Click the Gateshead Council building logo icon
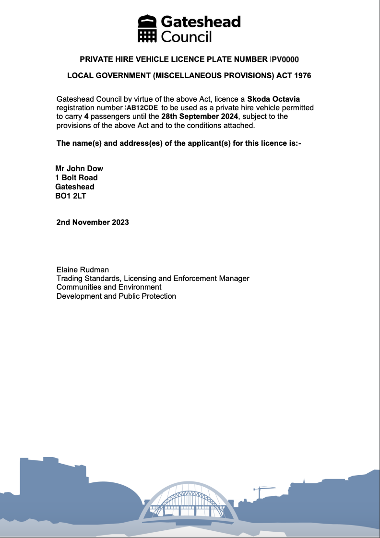pyautogui.click(x=148, y=29)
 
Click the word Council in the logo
pyautogui.click(x=186, y=36)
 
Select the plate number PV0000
pyautogui.click(x=285, y=59)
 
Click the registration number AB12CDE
pyautogui.click(x=142, y=108)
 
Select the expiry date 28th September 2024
pyautogui.click(x=200, y=117)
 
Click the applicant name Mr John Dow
pyautogui.click(x=79, y=168)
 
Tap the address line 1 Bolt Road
pyautogui.click(x=76, y=177)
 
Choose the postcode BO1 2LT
pyautogui.click(x=71, y=196)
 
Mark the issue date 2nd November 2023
pyautogui.click(x=93, y=222)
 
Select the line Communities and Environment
pyautogui.click(x=109, y=287)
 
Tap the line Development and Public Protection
pyautogui.click(x=116, y=296)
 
